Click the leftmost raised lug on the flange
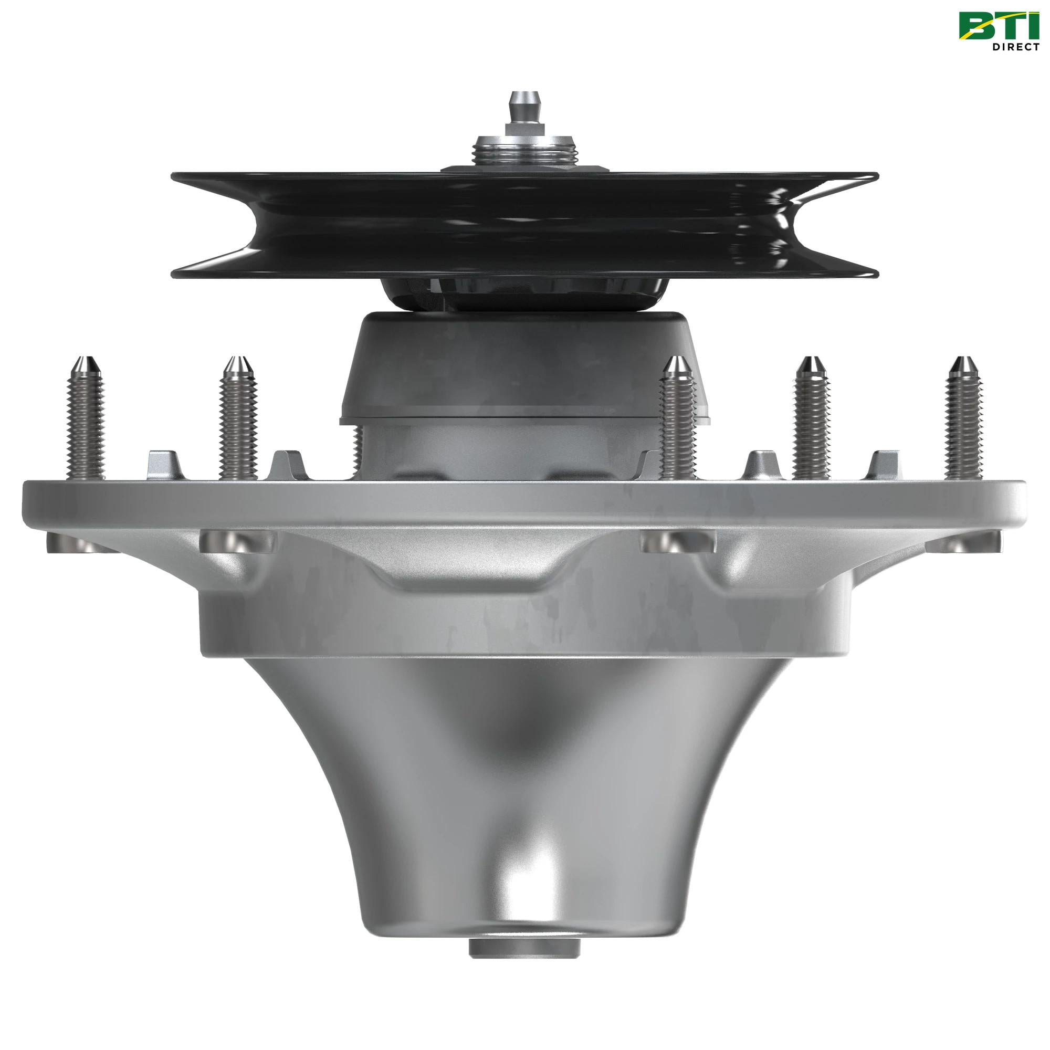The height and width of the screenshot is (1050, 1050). tap(162, 465)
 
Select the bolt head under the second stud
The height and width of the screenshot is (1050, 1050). tap(237, 541)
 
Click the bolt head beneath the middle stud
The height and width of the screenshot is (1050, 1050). tap(678, 541)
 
